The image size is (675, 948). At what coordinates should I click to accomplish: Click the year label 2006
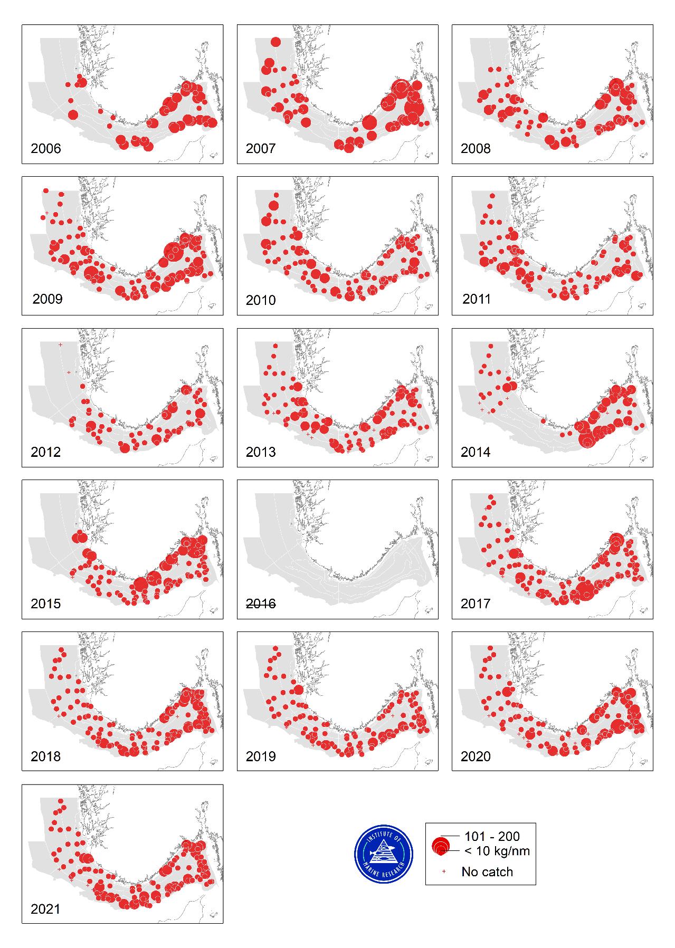point(46,149)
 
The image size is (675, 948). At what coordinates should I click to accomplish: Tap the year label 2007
point(261,149)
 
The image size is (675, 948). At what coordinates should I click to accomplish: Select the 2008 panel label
point(476,149)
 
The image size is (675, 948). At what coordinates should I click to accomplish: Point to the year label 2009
point(47,300)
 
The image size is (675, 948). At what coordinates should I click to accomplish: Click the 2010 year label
point(261,300)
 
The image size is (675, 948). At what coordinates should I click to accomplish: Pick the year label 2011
point(477,299)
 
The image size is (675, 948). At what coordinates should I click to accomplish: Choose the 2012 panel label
point(46,452)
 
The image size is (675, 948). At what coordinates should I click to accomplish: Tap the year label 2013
point(261,452)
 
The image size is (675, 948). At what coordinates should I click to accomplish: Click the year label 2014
point(476,452)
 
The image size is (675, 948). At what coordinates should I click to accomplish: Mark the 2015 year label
point(46,604)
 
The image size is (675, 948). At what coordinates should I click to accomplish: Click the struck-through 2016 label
point(261,604)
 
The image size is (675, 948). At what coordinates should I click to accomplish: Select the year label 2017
point(476,604)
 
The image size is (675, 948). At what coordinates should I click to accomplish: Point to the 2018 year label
point(46,757)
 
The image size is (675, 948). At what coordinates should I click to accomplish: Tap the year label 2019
point(261,757)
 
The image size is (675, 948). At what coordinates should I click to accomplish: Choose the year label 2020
point(476,757)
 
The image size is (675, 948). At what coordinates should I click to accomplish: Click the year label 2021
point(46,909)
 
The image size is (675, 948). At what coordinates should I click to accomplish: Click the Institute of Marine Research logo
point(384,854)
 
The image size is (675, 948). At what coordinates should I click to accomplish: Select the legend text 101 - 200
point(492,836)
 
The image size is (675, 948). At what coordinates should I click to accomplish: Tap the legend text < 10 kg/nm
point(497,850)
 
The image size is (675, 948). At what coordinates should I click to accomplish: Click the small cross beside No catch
point(444,872)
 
